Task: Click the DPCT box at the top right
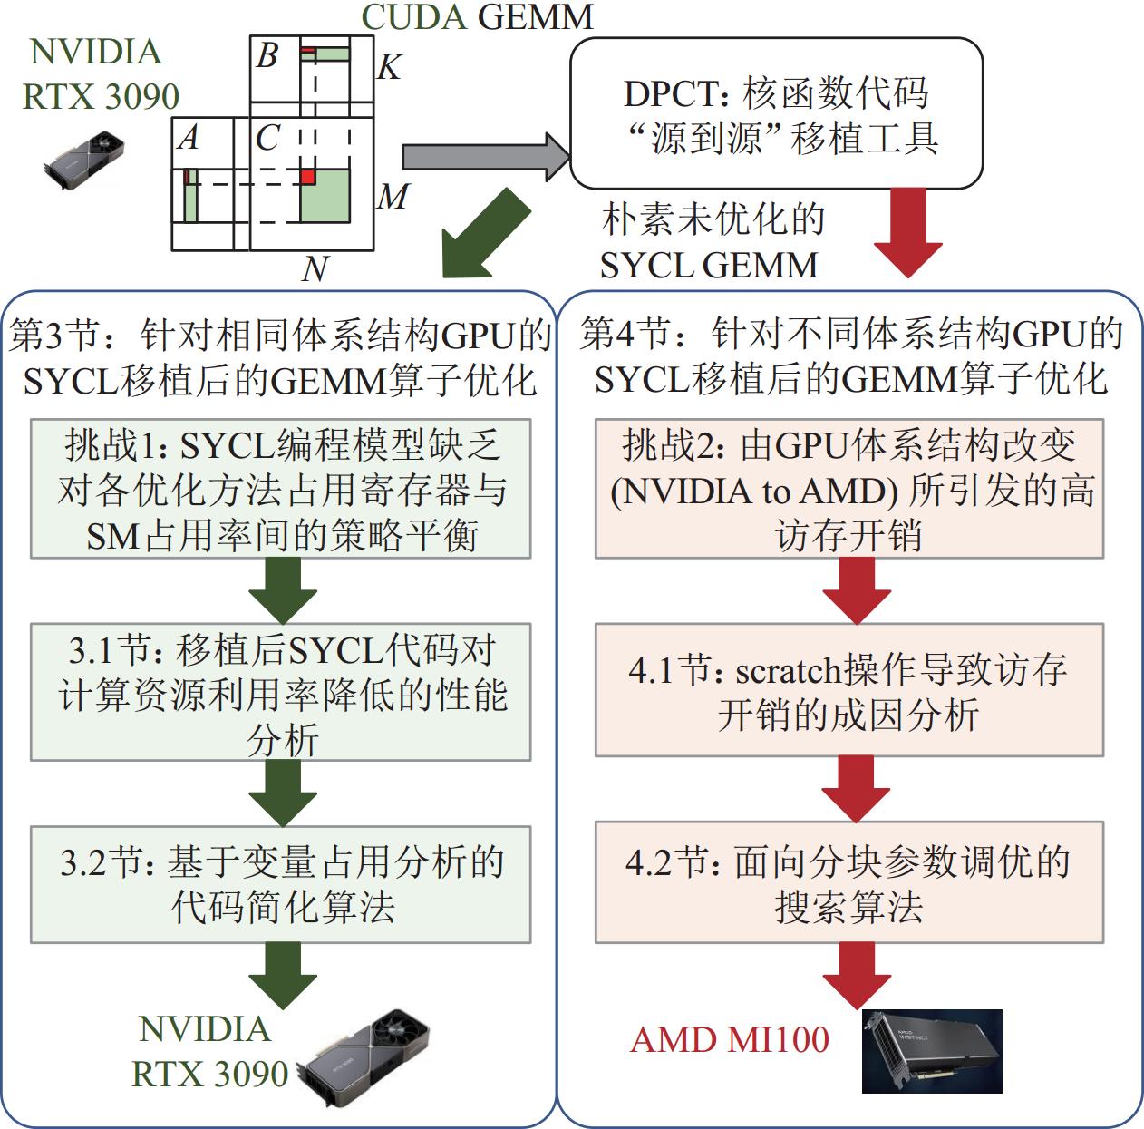click(776, 113)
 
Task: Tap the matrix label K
click(388, 65)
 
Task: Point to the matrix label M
click(393, 196)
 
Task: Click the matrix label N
click(314, 268)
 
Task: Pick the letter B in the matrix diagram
click(267, 56)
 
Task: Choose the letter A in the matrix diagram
click(189, 138)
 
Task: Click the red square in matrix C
click(307, 176)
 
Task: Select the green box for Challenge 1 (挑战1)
click(280, 489)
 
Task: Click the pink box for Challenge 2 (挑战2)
click(848, 489)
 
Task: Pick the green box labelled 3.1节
click(280, 691)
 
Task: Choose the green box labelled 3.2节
click(280, 883)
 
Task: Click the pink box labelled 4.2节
click(848, 882)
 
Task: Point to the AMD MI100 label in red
click(729, 1039)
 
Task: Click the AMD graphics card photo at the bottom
click(931, 1052)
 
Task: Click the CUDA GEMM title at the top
click(477, 16)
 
